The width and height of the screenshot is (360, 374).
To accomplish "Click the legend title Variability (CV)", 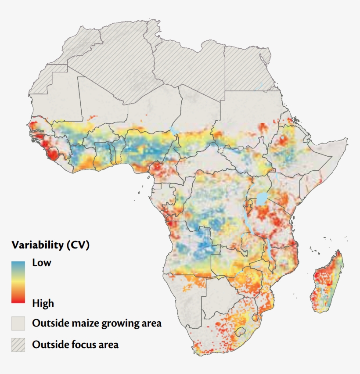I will click(x=50, y=245).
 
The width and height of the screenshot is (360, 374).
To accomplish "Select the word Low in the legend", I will click(x=42, y=263).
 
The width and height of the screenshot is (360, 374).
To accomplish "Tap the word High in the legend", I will click(x=43, y=303).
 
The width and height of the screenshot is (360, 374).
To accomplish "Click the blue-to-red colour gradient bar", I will click(x=18, y=282).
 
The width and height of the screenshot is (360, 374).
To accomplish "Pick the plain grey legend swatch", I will click(x=18, y=324).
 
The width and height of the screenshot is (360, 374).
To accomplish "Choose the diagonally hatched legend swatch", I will click(x=18, y=345).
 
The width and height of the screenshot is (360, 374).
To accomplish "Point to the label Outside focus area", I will click(x=75, y=345).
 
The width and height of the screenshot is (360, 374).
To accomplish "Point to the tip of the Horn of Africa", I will click(x=347, y=139).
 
